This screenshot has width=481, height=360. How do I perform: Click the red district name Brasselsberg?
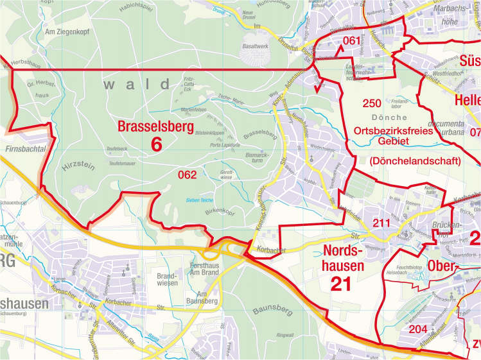[155, 127]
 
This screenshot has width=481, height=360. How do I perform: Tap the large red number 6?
[156, 145]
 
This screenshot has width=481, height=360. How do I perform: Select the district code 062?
[187, 173]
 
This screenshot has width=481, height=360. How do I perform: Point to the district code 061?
[351, 41]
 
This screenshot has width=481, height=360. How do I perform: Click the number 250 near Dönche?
[372, 103]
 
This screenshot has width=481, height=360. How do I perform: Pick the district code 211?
[381, 223]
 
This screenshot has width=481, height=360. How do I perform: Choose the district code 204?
[417, 329]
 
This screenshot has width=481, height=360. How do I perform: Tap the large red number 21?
[340, 284]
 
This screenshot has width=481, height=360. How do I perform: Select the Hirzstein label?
[78, 166]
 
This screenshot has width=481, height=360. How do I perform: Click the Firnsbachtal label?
[24, 148]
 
